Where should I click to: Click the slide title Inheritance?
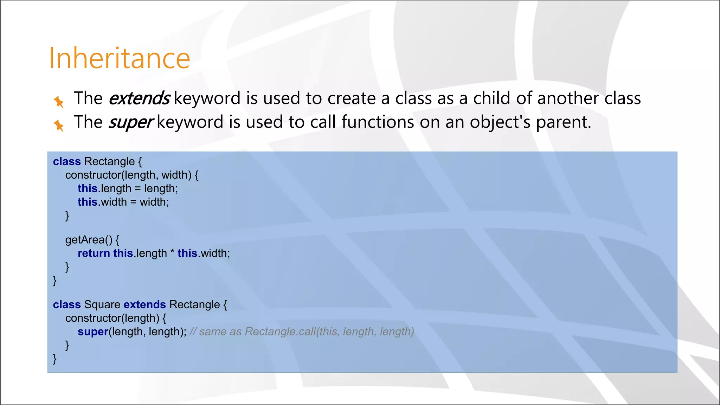click(x=120, y=58)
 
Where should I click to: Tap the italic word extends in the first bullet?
click(x=139, y=98)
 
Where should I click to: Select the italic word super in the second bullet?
click(x=130, y=122)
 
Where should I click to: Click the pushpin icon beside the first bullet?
click(x=59, y=102)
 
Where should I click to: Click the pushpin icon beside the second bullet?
click(x=59, y=126)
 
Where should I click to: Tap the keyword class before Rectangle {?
click(x=67, y=161)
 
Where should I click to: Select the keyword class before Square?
click(x=67, y=304)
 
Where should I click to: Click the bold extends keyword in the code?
click(x=144, y=304)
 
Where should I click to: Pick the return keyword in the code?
click(x=94, y=253)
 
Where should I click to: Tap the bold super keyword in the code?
click(x=93, y=332)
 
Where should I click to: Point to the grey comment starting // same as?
click(x=302, y=332)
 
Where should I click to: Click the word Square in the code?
click(x=102, y=304)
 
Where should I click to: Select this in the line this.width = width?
click(x=87, y=202)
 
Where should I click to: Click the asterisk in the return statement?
click(x=172, y=252)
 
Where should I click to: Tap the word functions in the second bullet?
click(x=377, y=122)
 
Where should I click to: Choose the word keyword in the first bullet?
click(x=207, y=98)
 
